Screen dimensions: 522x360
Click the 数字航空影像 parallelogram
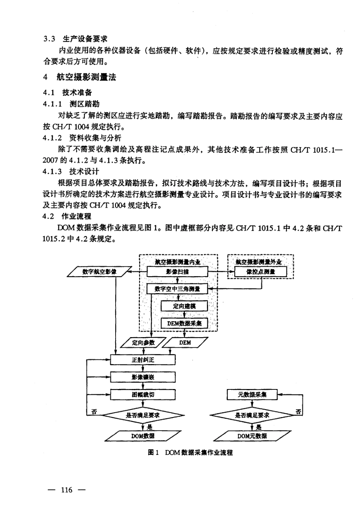pos(99,272)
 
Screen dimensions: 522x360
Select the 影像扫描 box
pos(177,272)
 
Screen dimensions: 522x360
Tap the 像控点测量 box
pos(260,272)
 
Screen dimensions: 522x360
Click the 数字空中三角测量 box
pos(177,289)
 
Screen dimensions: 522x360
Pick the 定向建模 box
pos(184,306)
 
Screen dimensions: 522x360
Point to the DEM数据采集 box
pos(184,323)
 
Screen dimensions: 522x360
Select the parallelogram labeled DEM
pos(185,343)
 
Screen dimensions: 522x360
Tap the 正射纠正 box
pos(143,360)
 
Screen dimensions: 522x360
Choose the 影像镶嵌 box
pos(143,377)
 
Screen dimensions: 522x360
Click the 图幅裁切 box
pos(143,394)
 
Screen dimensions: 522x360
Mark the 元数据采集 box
pos(252,394)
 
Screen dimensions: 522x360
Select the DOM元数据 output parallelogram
pos(252,436)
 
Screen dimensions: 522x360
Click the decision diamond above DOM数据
pos(143,415)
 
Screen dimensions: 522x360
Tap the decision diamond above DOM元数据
pos(252,415)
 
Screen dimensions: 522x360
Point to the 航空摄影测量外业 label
pos(259,262)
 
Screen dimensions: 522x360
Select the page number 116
pos(66,490)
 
